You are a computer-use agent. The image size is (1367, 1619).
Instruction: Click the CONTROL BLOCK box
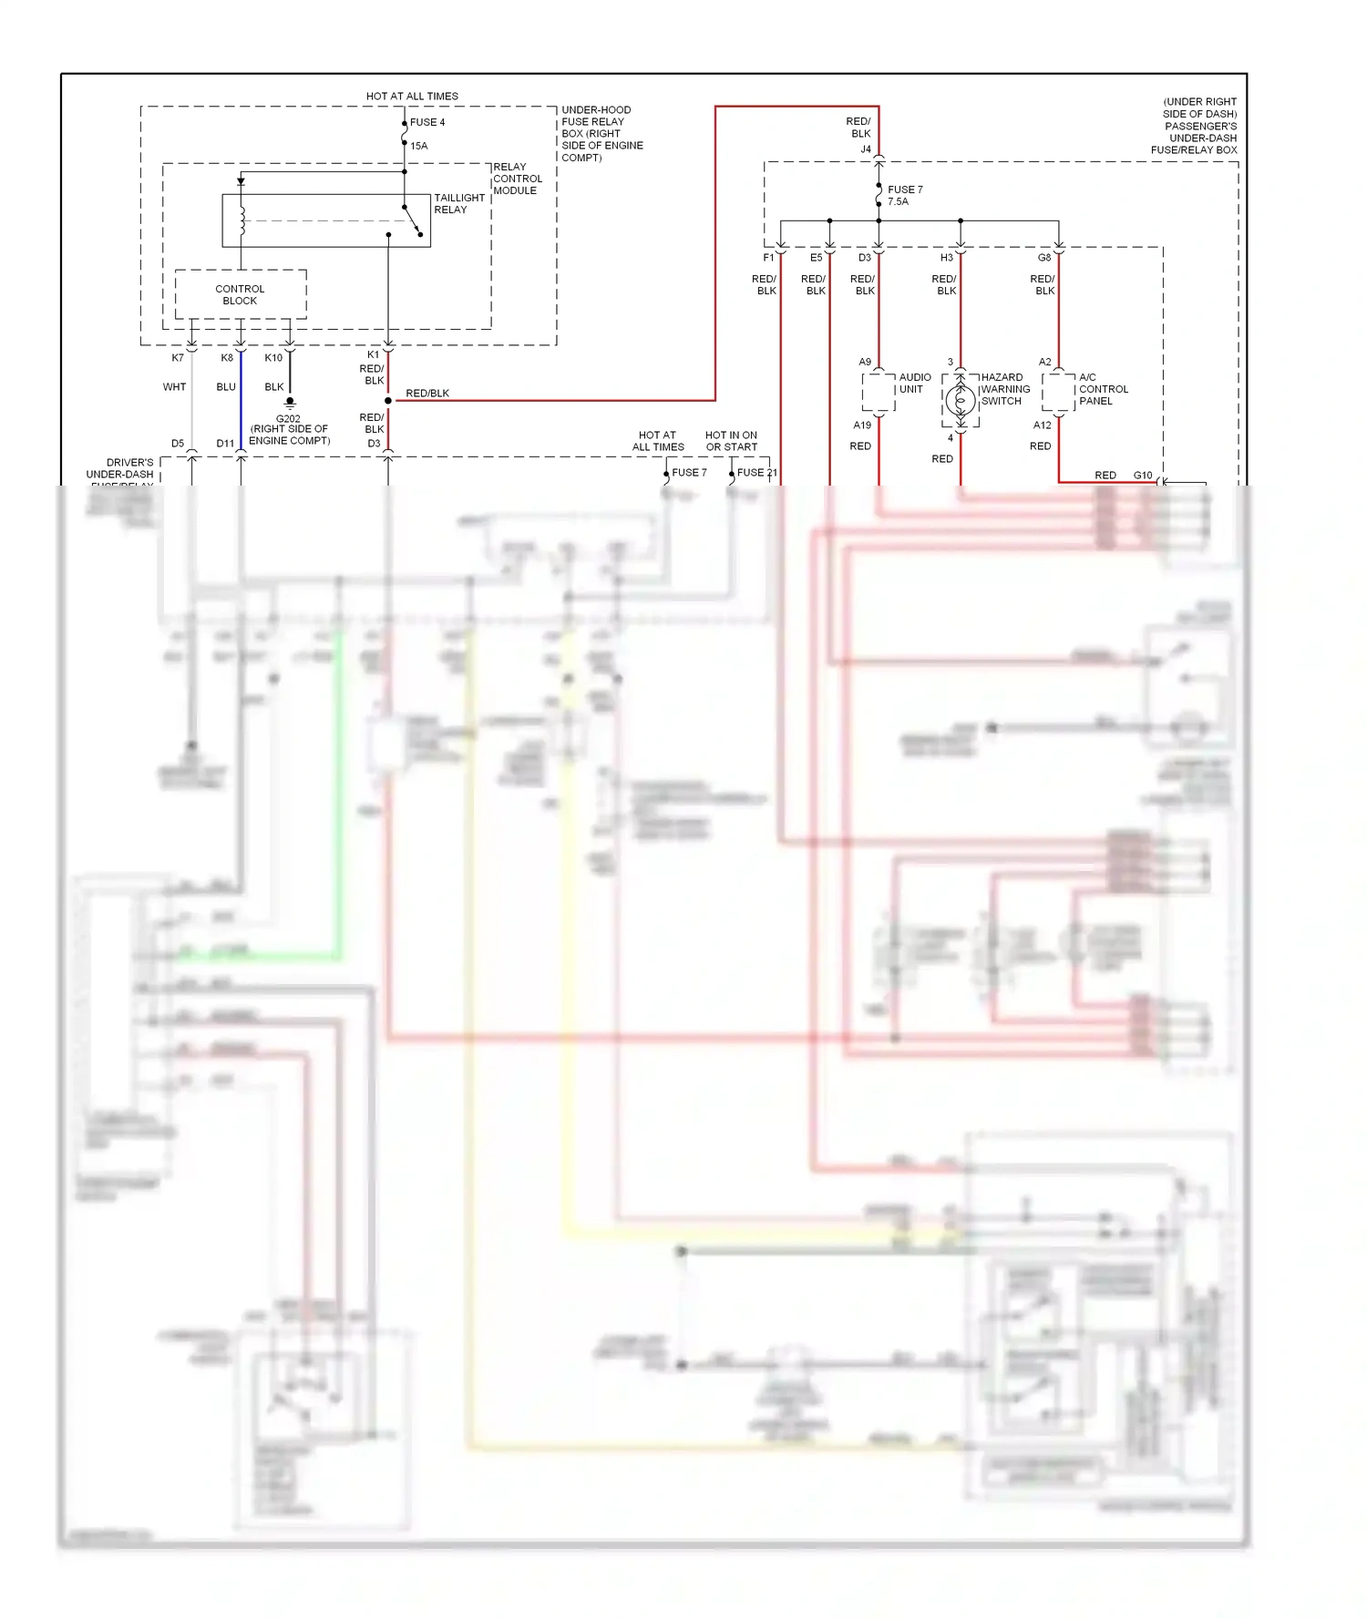pos(240,294)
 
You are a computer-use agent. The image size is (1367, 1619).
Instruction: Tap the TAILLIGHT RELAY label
pos(458,203)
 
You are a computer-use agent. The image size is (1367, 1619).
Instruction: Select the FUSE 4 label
pos(427,122)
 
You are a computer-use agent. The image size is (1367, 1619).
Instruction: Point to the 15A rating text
pos(418,146)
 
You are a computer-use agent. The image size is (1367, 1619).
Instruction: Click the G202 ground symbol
pos(290,402)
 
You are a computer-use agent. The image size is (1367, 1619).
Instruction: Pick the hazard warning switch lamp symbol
pos(960,400)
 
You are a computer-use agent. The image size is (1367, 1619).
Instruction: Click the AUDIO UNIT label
pos(914,383)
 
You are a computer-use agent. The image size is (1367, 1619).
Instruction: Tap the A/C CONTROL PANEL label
pos(1103,389)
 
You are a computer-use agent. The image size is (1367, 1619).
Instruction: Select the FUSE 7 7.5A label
pos(904,195)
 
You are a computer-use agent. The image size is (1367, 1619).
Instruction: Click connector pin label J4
pos(866,149)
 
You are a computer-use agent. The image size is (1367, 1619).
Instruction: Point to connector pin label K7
pos(178,358)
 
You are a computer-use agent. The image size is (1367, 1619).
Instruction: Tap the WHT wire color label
pos(174,387)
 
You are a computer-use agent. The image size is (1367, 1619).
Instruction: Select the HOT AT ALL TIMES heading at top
pos(412,96)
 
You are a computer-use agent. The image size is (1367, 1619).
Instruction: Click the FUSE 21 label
pos(756,473)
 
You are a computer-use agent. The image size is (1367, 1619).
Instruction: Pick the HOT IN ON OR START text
pos(731,441)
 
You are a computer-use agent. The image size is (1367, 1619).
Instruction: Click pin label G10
pos(1143,476)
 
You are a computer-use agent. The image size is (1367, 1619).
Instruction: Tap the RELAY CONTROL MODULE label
pos(517,179)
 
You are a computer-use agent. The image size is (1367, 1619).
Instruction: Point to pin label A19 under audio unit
pos(862,425)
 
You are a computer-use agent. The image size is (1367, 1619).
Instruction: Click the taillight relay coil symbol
pos(242,220)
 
